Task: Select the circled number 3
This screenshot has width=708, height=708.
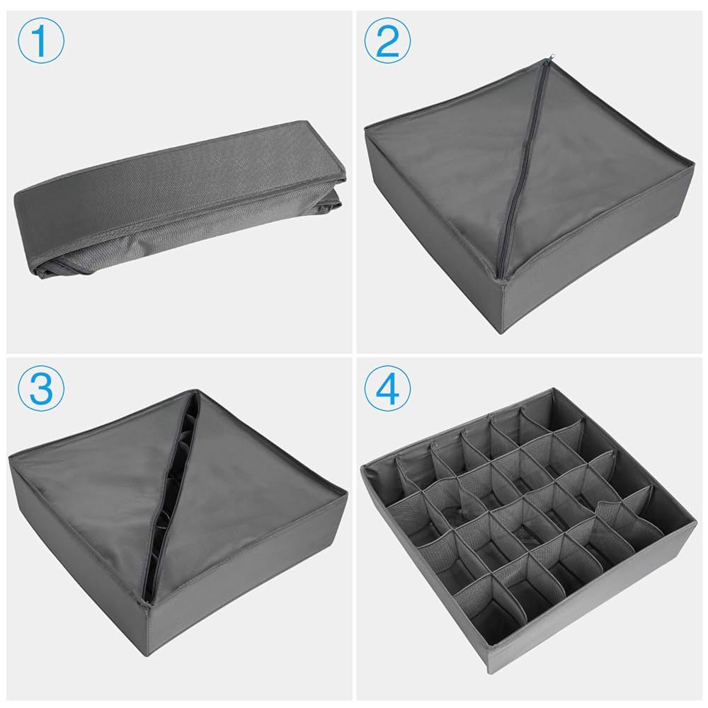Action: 40,388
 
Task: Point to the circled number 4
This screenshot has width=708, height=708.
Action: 388,388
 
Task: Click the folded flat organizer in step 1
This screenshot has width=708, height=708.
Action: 177,184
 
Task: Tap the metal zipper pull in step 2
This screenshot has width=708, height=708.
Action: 544,62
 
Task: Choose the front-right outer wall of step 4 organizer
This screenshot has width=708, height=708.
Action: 609,609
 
